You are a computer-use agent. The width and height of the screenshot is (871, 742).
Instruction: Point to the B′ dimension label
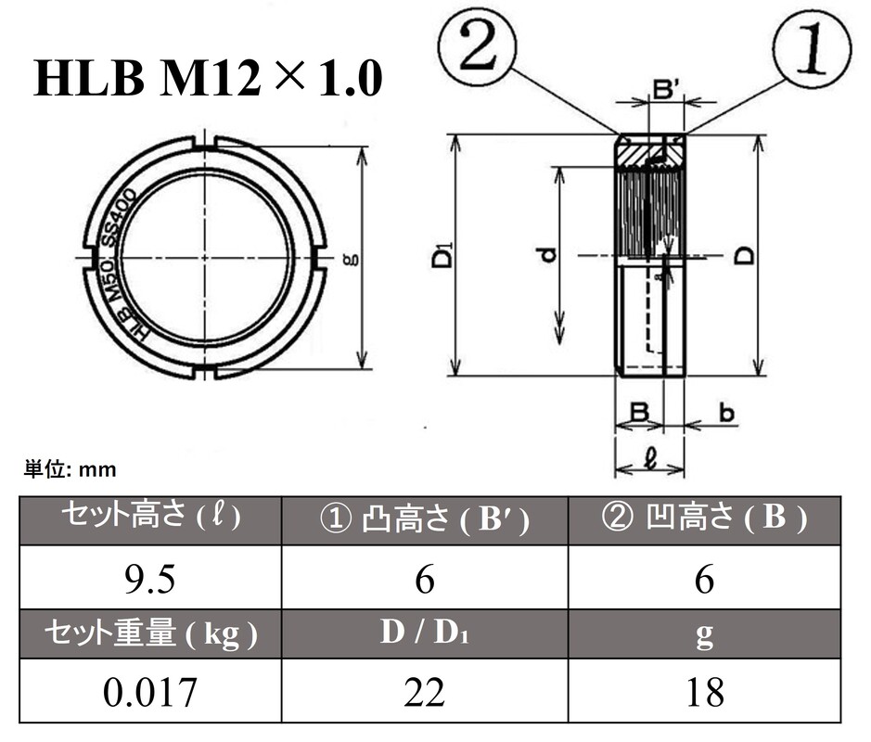click(667, 90)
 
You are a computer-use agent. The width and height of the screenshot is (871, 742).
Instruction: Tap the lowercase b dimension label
click(727, 414)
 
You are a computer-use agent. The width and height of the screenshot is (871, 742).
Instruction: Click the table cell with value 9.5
click(151, 581)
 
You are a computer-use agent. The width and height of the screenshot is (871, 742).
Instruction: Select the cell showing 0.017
click(151, 691)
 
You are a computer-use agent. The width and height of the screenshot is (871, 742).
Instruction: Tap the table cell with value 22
click(425, 691)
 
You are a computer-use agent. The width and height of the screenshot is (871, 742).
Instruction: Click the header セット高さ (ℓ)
click(151, 518)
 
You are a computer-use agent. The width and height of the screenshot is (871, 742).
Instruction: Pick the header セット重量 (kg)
click(151, 634)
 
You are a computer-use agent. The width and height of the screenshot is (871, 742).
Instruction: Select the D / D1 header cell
click(425, 634)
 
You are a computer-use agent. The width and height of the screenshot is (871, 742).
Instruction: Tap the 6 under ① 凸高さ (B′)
click(425, 581)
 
